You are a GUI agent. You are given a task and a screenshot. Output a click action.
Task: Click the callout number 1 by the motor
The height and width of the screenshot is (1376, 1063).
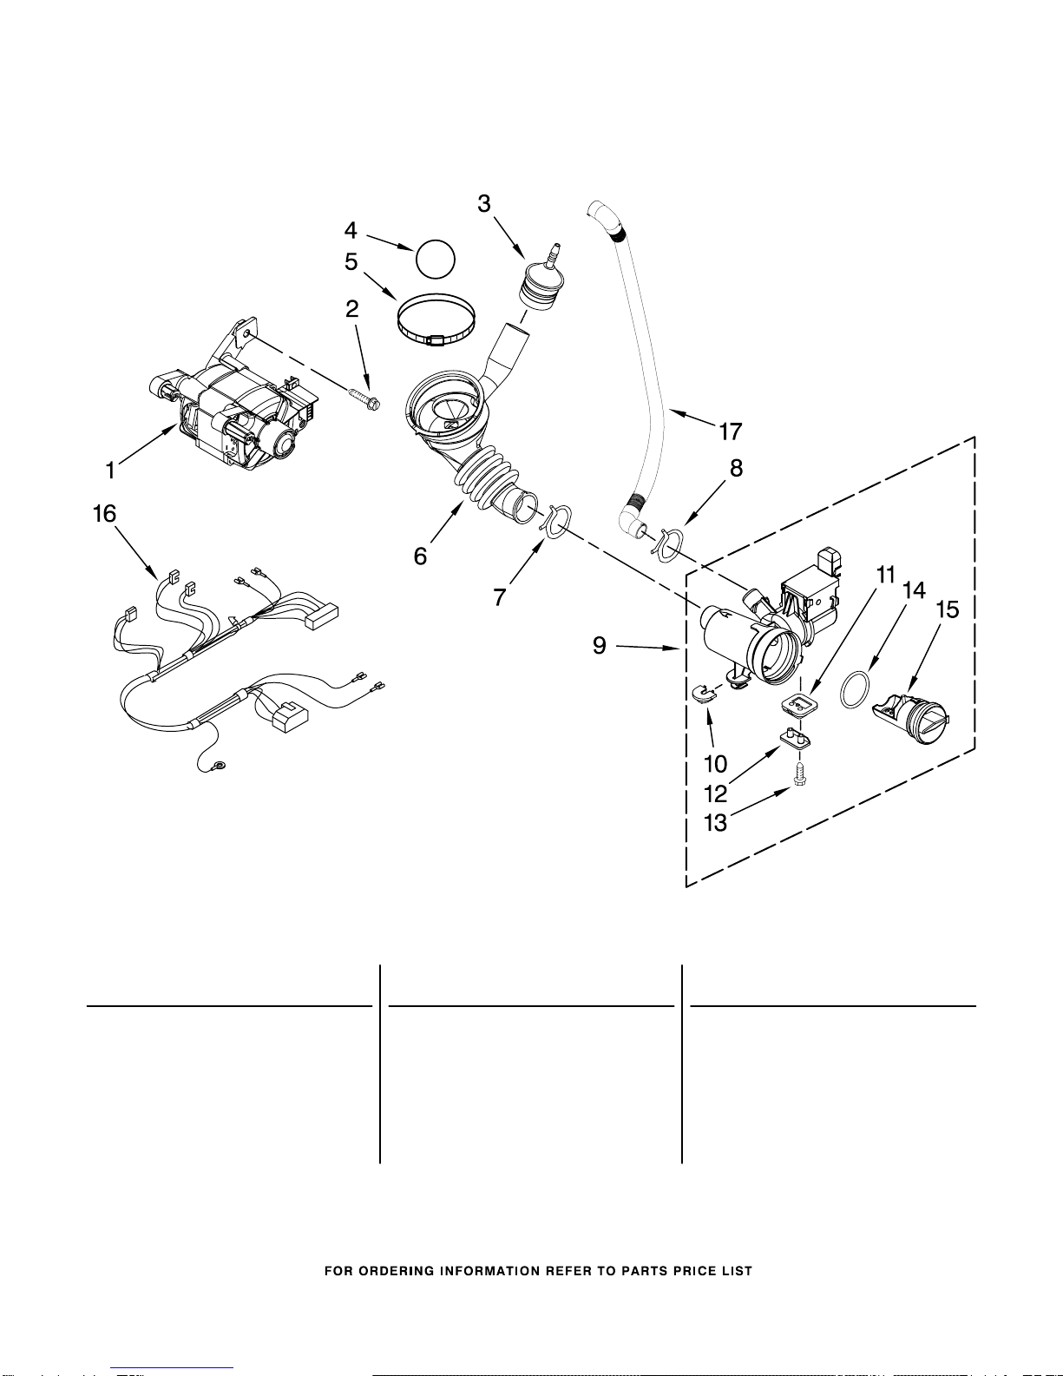[110, 471]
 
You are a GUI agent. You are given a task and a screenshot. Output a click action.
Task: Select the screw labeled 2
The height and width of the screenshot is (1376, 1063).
[365, 397]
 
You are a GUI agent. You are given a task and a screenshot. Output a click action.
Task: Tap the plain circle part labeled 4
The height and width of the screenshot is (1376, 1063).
[436, 259]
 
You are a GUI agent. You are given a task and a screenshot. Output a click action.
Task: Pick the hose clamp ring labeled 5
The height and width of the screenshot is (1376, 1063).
[436, 319]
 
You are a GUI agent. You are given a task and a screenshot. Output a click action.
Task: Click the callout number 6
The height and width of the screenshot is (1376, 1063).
[420, 556]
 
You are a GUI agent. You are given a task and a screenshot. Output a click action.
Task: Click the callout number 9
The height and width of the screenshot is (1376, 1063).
[600, 645]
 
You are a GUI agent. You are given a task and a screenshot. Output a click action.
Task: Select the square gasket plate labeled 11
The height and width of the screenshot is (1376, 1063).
[798, 704]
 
